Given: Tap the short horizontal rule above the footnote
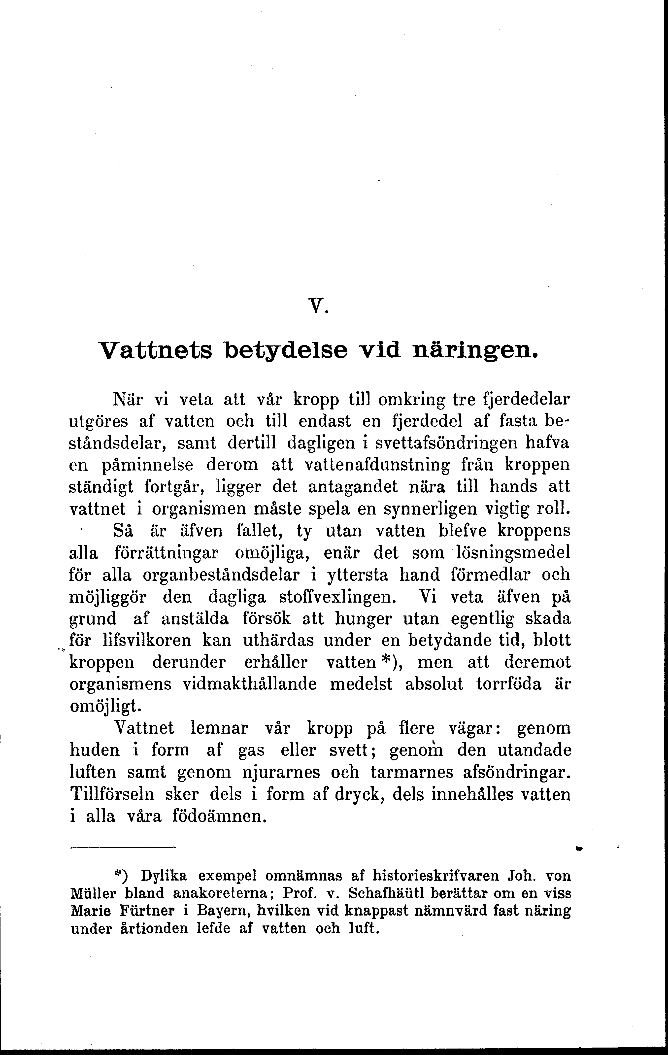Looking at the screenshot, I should tap(122, 848).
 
